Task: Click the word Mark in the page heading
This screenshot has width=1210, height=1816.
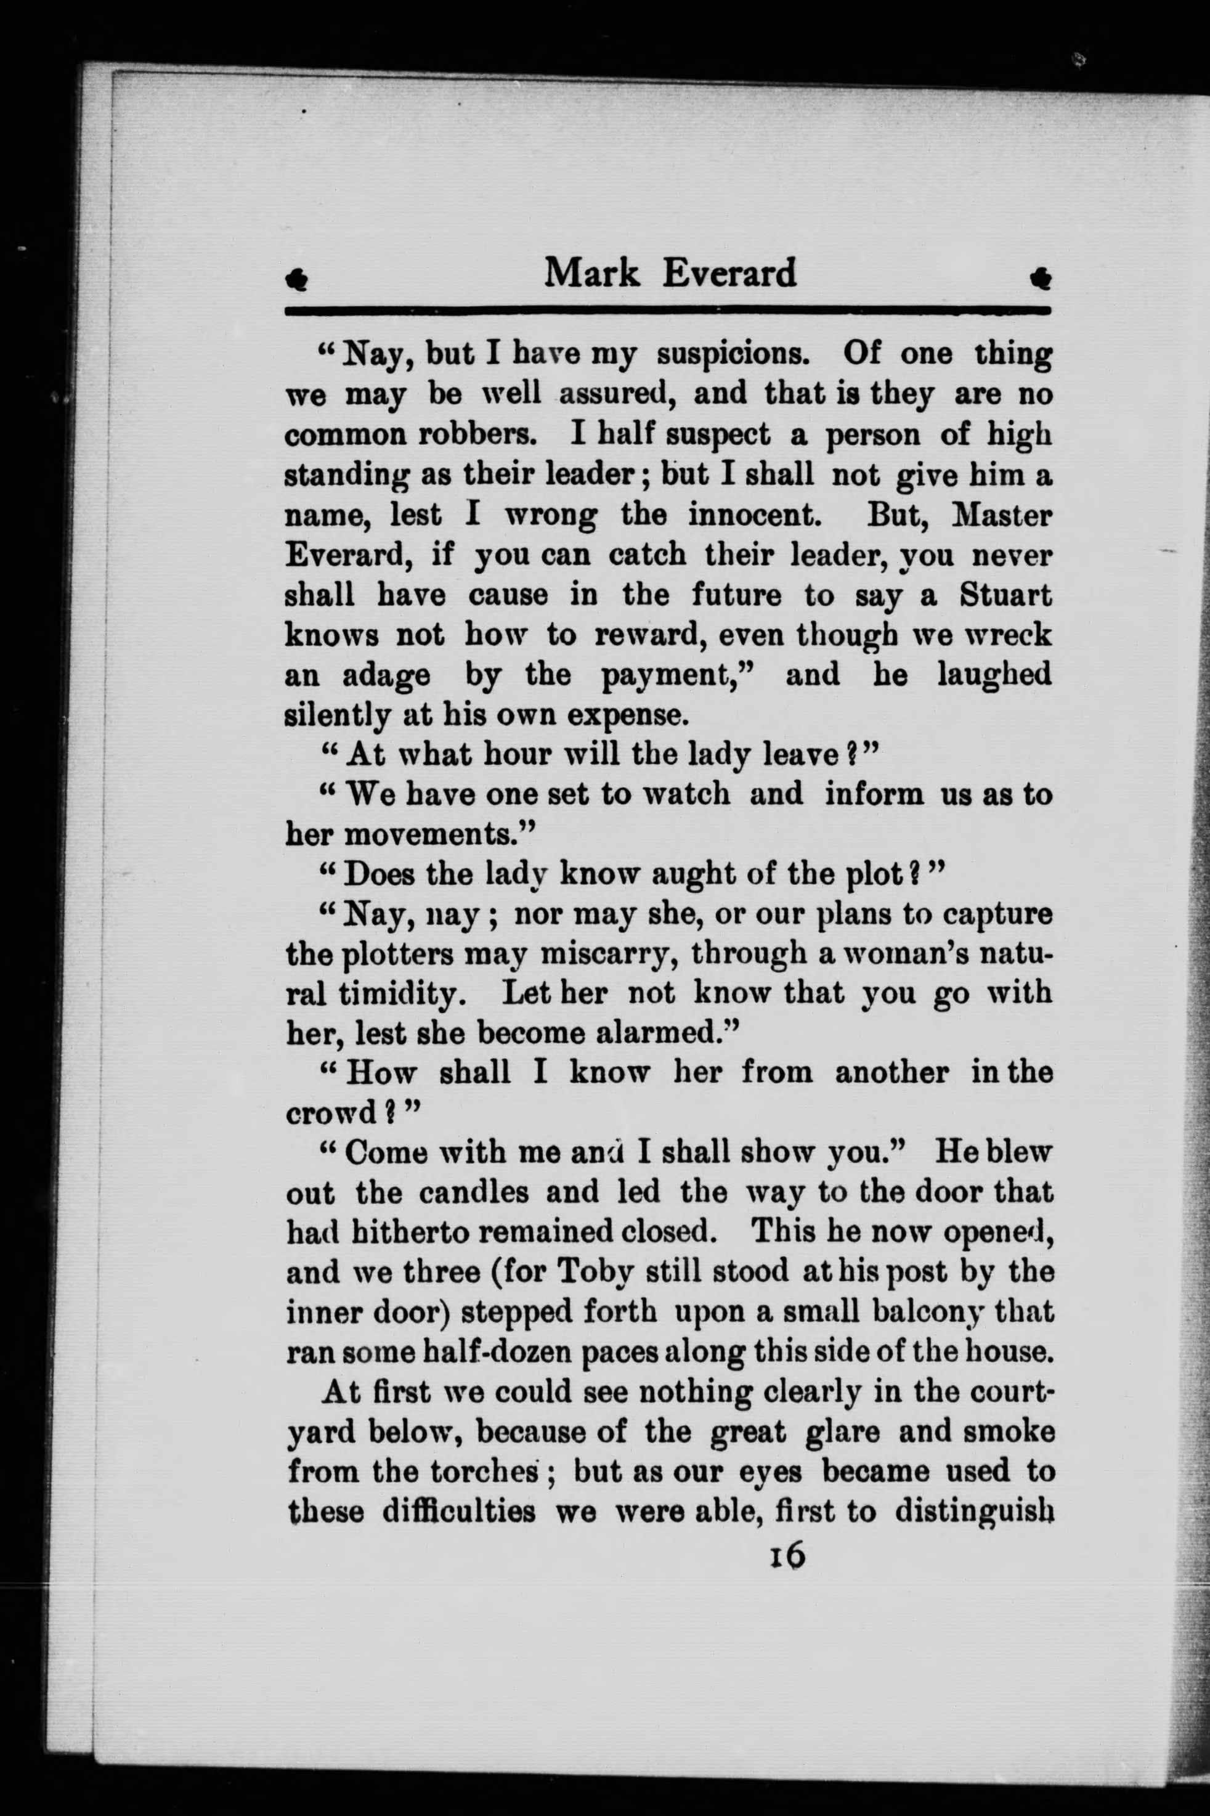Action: pos(592,273)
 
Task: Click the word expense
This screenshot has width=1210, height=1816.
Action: pos(627,715)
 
